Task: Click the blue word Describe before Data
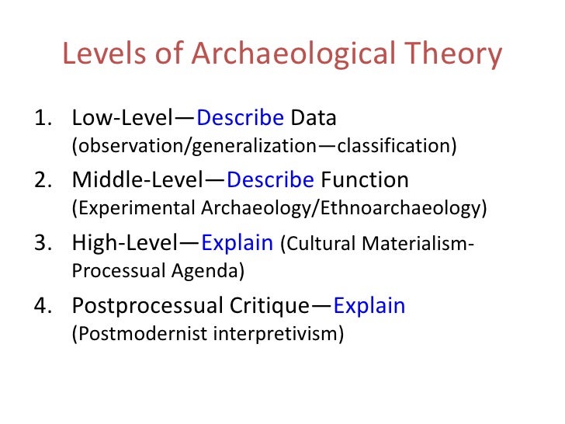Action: (x=240, y=118)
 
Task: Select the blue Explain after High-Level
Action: (x=237, y=242)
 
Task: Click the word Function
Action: (x=364, y=180)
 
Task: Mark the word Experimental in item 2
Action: (x=123, y=209)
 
